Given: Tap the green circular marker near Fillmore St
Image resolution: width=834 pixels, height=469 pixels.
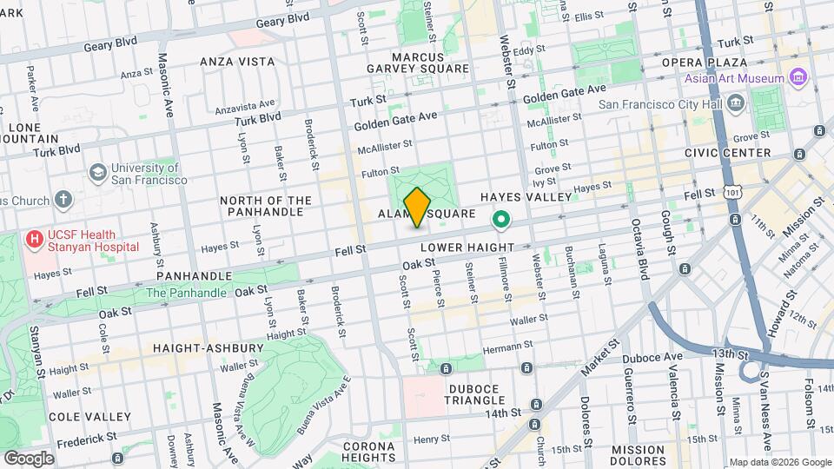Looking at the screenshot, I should pyautogui.click(x=500, y=221).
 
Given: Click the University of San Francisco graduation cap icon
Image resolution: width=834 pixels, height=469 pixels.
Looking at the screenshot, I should pyautogui.click(x=97, y=173).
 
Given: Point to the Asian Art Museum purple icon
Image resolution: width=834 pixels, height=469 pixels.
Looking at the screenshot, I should pyautogui.click(x=799, y=79).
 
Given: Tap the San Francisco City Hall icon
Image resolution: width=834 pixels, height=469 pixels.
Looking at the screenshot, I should pyautogui.click(x=736, y=104).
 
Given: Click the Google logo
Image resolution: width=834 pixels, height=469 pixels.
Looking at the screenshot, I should pyautogui.click(x=28, y=458).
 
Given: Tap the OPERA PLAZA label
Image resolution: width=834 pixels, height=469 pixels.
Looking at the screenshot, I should pyautogui.click(x=705, y=63).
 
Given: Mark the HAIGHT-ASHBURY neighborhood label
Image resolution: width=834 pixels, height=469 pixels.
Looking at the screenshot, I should pyautogui.click(x=208, y=348).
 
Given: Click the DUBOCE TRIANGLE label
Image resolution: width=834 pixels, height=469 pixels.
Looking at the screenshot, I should pyautogui.click(x=463, y=394).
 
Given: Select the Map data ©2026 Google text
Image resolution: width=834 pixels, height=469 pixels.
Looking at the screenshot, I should pyautogui.click(x=779, y=462).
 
